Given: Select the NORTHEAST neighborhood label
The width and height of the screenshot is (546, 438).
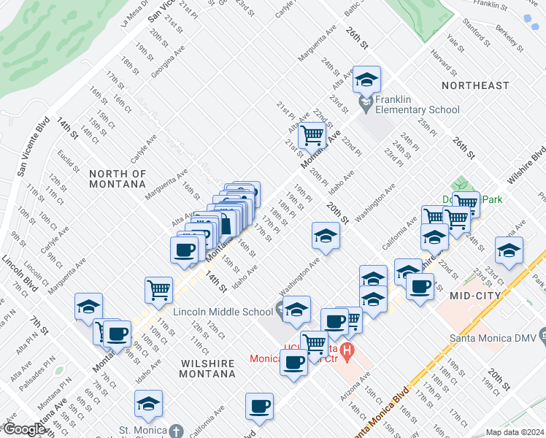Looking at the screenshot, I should tap(475, 85).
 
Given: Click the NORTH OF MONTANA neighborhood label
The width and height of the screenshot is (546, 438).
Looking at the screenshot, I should tap(118, 179).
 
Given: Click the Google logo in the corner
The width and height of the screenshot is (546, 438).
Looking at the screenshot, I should tap(23, 429).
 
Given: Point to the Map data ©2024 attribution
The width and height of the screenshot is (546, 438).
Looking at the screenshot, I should tap(515, 432).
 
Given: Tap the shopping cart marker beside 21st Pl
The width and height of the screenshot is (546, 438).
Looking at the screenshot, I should tap(312, 135).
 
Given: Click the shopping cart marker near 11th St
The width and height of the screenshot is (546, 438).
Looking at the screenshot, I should tap(158, 290).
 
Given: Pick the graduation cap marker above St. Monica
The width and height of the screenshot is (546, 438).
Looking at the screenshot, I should tap(148, 404).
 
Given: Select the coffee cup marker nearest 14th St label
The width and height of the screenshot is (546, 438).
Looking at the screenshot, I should tap(183, 250).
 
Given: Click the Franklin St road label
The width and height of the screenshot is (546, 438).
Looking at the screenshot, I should tap(490, 4).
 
